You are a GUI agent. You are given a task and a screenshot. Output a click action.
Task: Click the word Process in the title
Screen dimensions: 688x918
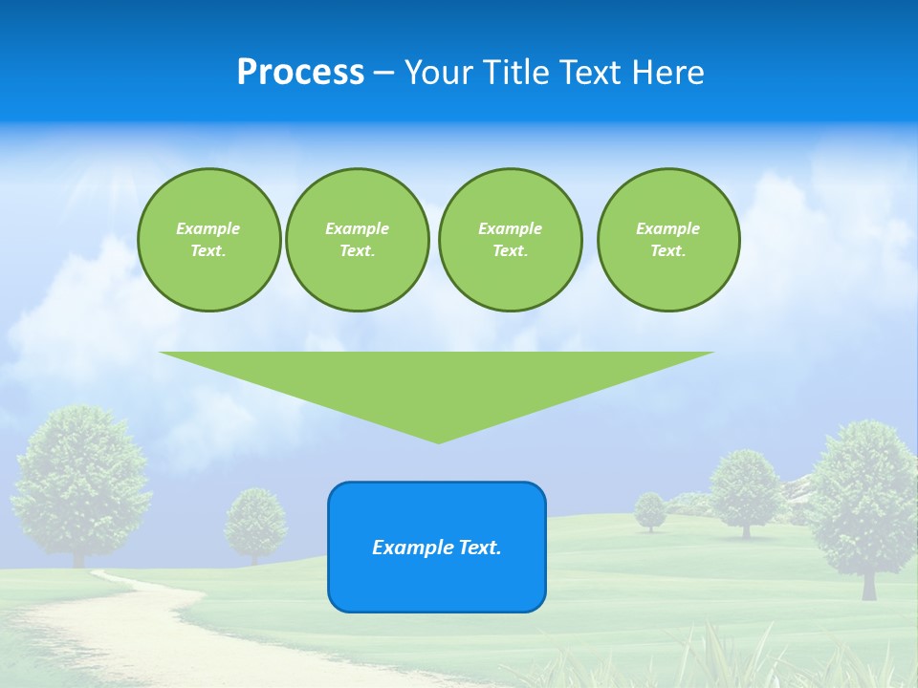tap(300, 73)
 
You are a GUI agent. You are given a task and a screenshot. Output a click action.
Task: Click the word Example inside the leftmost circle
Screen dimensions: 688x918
tap(208, 228)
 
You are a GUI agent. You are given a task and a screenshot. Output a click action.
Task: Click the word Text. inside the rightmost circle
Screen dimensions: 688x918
tap(668, 250)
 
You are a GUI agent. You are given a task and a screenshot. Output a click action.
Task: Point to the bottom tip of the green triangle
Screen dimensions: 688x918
tap(438, 441)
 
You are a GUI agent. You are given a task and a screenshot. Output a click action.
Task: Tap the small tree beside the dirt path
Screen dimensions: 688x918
tap(255, 522)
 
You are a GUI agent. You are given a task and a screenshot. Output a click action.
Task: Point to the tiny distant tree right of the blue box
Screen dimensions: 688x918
tap(650, 510)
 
